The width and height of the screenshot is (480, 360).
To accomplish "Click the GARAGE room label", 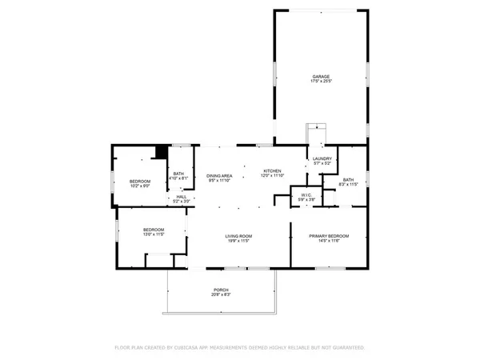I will pyautogui.click(x=320, y=77).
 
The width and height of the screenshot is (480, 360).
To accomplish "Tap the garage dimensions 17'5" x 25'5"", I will pyautogui.click(x=320, y=82).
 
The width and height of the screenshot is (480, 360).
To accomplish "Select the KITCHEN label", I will pyautogui.click(x=273, y=171).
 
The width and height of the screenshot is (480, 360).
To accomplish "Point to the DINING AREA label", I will pyautogui.click(x=219, y=175).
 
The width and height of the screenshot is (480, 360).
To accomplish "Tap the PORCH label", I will pyautogui.click(x=221, y=290).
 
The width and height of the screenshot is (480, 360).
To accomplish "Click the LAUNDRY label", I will pyautogui.click(x=322, y=159).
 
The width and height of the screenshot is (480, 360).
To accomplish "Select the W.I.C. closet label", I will pyautogui.click(x=306, y=194).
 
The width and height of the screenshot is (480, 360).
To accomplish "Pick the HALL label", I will pyautogui.click(x=182, y=197).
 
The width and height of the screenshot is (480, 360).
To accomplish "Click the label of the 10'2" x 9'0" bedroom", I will pyautogui.click(x=140, y=181).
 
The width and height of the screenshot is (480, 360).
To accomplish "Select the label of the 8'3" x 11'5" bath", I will pyautogui.click(x=348, y=179).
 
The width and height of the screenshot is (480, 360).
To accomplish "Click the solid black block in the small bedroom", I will pyautogui.click(x=162, y=151).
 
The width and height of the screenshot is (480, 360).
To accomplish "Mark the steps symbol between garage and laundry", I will pyautogui.click(x=317, y=133).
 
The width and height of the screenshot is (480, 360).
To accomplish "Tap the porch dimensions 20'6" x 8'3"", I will pyautogui.click(x=221, y=294).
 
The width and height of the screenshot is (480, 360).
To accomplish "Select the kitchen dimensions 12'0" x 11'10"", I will pyautogui.click(x=273, y=176).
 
